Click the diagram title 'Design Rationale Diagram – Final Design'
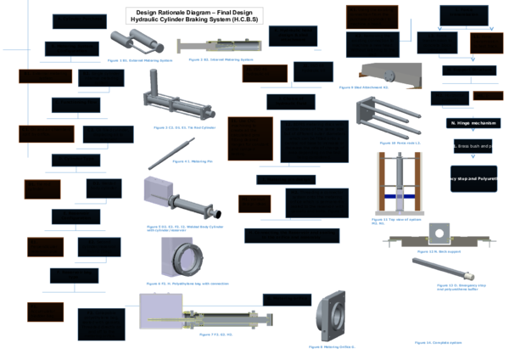[x=194, y=11]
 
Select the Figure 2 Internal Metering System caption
[x=221, y=60]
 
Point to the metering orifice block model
[x=331, y=318]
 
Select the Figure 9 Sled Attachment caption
[x=364, y=87]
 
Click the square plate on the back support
[x=439, y=233]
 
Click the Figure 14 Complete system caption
[x=439, y=342]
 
